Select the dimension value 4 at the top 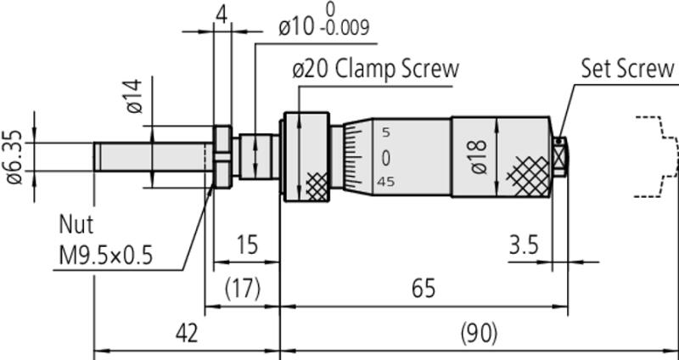click(x=222, y=15)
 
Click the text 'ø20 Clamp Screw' click(x=375, y=69)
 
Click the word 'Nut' click(x=76, y=225)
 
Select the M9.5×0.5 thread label click(x=106, y=254)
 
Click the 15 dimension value click(x=246, y=245)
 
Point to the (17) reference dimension click(x=244, y=288)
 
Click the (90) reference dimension click(x=479, y=333)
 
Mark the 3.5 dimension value click(x=524, y=245)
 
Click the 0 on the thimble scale click(x=386, y=158)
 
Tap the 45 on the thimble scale click(x=386, y=182)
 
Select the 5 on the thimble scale click(x=386, y=133)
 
